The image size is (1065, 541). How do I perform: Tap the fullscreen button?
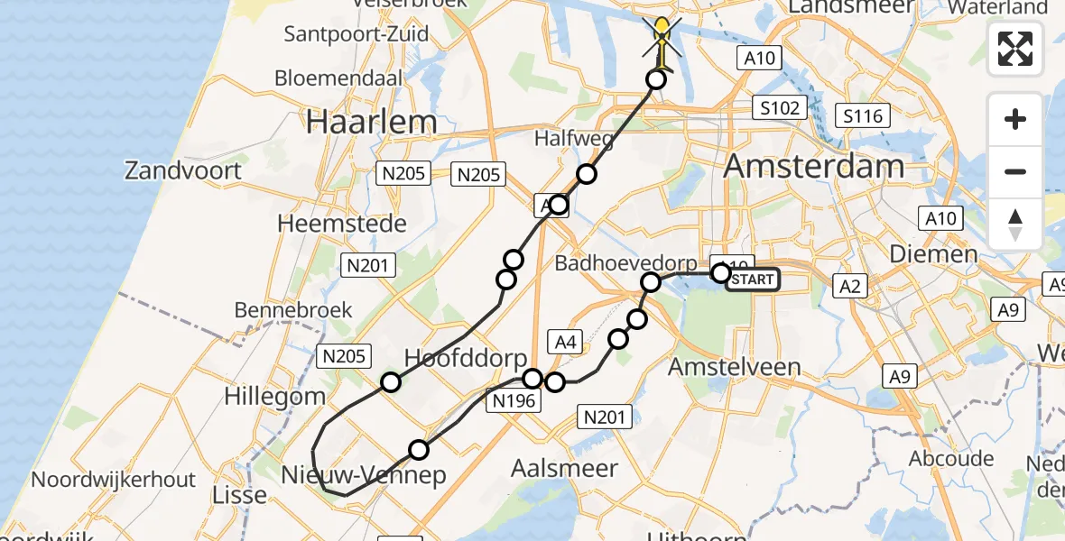(x=1015, y=49)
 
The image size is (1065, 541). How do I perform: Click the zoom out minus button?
(x=1015, y=171)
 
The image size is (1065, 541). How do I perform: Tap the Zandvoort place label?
(x=183, y=170)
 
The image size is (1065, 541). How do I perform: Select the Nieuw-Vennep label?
(x=365, y=475)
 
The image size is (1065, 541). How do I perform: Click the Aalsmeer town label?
(x=564, y=469)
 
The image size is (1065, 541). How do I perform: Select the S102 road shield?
(x=779, y=108)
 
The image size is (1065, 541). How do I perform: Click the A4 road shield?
(x=566, y=342)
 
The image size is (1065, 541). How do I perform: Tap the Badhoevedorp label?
(x=626, y=263)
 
